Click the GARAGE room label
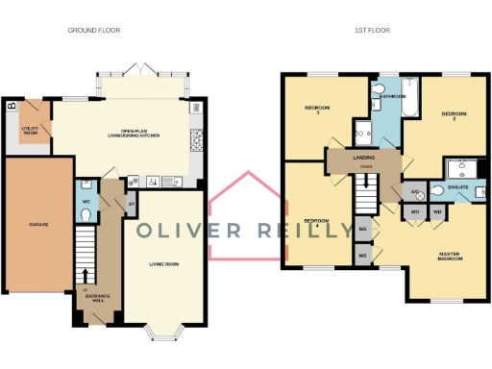[38, 224]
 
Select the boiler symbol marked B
[12, 105]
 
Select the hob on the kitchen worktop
[196, 142]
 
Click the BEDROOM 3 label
[317, 110]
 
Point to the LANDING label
[364, 158]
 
